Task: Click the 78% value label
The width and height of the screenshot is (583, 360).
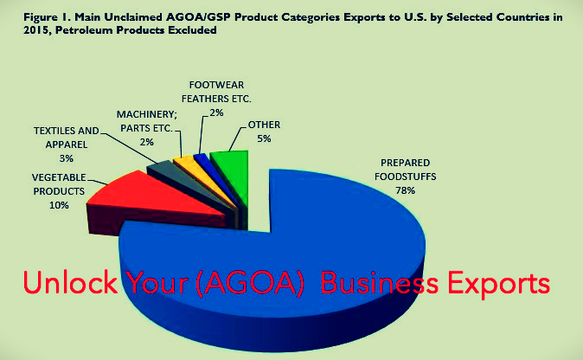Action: [405, 190]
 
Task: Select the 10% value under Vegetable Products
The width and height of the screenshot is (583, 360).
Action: [59, 205]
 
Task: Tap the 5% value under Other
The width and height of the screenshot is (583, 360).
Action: [264, 138]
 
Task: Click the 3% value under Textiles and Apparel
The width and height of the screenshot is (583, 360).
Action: [67, 158]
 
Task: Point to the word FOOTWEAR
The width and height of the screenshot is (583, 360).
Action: [216, 85]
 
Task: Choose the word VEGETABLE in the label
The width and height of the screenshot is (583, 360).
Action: [59, 177]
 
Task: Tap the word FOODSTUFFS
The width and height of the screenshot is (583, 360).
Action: [405, 177]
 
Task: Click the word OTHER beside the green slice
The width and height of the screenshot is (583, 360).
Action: [264, 125]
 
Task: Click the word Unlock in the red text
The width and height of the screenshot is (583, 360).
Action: [70, 282]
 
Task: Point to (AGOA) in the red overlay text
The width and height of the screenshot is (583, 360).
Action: [249, 283]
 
